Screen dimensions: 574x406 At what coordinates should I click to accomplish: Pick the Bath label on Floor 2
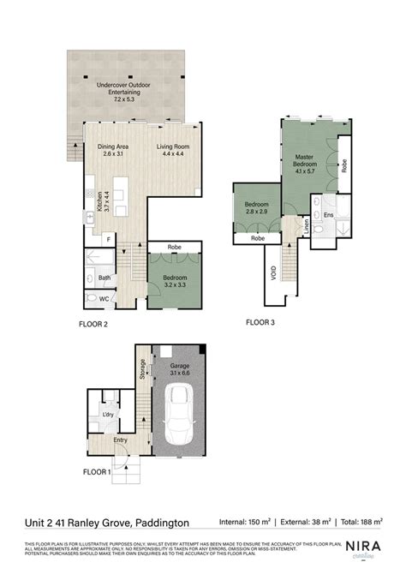104,278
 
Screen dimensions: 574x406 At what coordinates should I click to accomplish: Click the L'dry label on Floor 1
109,415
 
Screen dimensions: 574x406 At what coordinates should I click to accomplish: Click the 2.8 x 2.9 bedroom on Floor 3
255,208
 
